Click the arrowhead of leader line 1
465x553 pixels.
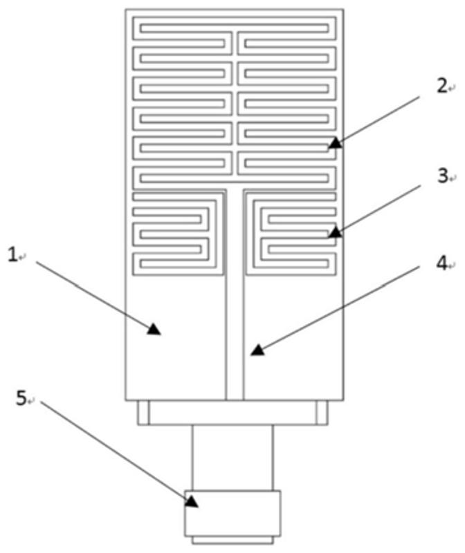coord(154,330)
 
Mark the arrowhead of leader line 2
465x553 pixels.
coord(334,143)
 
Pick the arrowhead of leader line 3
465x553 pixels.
coord(334,232)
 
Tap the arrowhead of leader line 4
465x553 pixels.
coord(257,350)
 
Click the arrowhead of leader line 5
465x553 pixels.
coord(192,503)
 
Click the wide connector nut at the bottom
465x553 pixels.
coord(233,512)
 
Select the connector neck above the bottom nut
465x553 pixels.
coord(233,457)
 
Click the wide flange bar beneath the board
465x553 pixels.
coord(233,413)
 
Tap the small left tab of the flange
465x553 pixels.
coord(143,413)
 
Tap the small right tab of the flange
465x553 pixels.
coord(322,413)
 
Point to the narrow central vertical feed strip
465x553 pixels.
coord(235,311)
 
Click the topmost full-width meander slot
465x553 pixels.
coord(234,30)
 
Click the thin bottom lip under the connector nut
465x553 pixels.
coord(233,538)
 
